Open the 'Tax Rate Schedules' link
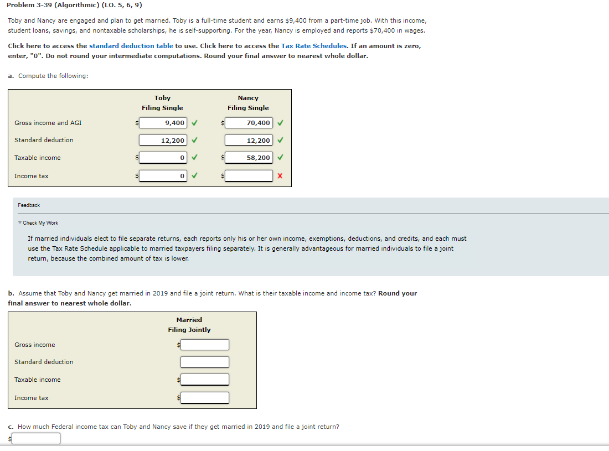coord(314,46)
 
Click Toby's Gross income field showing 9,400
coord(163,123)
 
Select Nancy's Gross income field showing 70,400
coord(249,123)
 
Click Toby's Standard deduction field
coord(163,141)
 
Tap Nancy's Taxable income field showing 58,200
coord(249,158)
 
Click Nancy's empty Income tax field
coord(249,176)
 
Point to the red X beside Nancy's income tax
coord(280,176)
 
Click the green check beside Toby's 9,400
coord(195,123)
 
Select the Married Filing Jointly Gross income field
coord(205,345)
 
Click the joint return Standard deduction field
coord(205,362)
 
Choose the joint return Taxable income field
coord(205,380)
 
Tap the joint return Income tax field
coord(205,398)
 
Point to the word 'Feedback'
coord(29,205)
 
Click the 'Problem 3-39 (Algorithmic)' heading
coord(74,5)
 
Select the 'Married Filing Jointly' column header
coord(189,325)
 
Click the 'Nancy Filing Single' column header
coord(248,103)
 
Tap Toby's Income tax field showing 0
coord(163,176)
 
